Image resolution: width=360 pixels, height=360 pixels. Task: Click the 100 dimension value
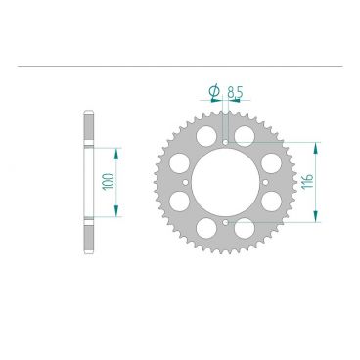[x=107, y=182]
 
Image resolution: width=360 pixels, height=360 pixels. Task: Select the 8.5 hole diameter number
[x=234, y=94]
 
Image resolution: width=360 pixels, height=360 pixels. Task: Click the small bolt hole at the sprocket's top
[x=227, y=142]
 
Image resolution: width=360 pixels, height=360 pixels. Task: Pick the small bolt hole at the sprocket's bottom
[x=227, y=222]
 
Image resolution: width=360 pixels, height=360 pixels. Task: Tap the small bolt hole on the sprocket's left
[x=186, y=182]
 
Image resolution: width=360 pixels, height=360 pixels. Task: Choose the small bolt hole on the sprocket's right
[x=267, y=182]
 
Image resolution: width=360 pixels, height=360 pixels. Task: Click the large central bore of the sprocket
[x=227, y=182]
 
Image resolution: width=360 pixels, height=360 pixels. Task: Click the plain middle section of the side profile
[x=91, y=182]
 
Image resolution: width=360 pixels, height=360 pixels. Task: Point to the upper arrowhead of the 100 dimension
[x=118, y=151]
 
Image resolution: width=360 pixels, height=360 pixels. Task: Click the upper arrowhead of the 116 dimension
[x=315, y=144]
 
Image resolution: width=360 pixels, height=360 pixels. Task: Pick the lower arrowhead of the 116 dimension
[x=315, y=220]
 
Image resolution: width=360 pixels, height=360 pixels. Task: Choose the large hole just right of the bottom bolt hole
[x=249, y=228]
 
